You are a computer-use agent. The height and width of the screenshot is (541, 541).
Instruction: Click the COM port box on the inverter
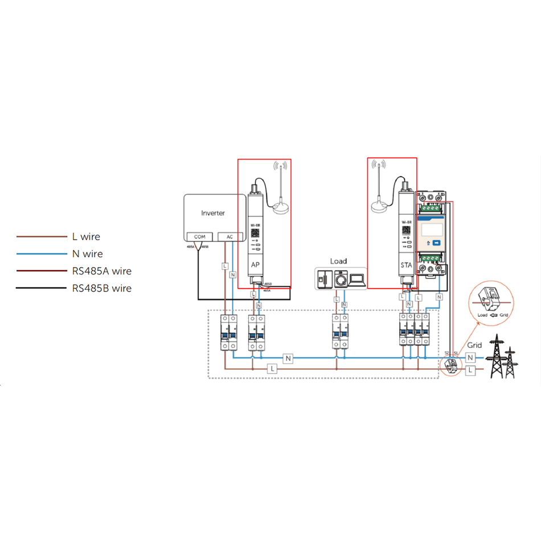click(x=199, y=237)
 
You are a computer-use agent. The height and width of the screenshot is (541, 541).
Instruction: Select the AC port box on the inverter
click(x=230, y=237)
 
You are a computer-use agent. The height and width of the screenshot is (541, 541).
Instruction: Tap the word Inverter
click(x=213, y=213)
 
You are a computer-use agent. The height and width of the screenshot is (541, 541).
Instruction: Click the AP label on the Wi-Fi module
click(x=256, y=265)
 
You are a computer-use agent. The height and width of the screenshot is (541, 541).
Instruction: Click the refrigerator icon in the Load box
click(x=325, y=279)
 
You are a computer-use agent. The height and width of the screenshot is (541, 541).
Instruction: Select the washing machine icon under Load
click(x=341, y=280)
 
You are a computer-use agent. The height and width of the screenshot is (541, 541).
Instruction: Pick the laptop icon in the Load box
click(x=358, y=280)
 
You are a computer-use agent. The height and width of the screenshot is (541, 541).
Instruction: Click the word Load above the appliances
click(x=338, y=261)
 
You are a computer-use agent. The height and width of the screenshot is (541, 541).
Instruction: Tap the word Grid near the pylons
click(x=474, y=345)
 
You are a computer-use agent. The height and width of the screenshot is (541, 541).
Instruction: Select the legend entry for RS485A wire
click(x=102, y=271)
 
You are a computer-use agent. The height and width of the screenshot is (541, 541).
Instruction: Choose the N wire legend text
click(x=88, y=254)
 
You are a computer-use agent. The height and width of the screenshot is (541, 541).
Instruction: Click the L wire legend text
click(x=87, y=236)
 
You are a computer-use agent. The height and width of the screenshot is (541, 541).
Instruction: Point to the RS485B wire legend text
click(x=102, y=288)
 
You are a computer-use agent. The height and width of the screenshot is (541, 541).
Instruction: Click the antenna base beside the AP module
click(x=280, y=209)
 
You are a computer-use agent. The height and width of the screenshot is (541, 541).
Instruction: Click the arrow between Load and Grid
click(x=492, y=314)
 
